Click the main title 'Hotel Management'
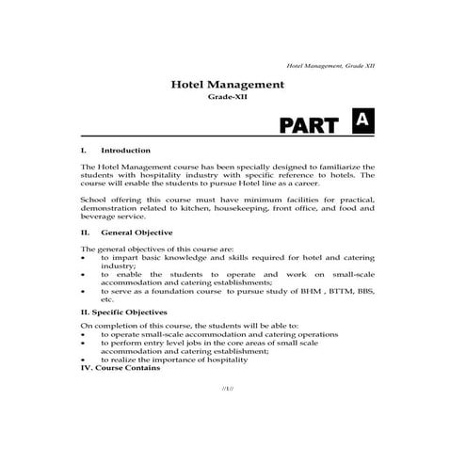(226, 84)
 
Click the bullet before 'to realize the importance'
(85, 360)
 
